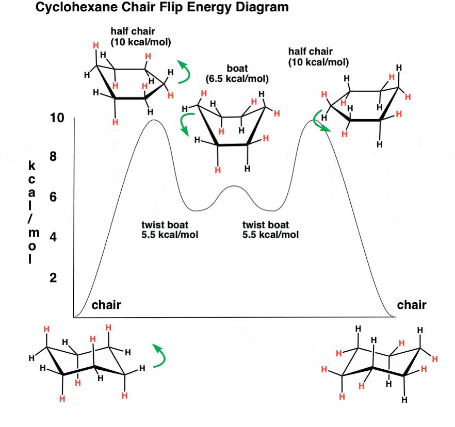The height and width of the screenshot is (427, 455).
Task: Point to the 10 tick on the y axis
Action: [x=57, y=118]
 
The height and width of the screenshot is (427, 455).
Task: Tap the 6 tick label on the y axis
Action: [x=53, y=198]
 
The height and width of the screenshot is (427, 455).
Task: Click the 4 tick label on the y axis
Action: [x=53, y=237]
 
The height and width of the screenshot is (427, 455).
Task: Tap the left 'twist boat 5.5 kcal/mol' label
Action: [x=169, y=229]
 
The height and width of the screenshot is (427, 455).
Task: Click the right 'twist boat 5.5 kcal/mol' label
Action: [x=270, y=229]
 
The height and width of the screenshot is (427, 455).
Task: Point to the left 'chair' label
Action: [x=106, y=305]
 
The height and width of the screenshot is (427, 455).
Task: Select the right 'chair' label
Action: [x=412, y=305]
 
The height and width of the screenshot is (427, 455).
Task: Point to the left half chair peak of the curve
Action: [x=153, y=120]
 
